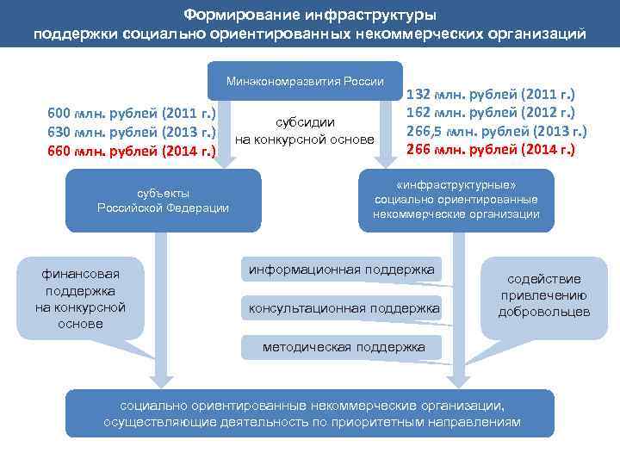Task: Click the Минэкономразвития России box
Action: pos(305,82)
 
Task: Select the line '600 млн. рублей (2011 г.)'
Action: pos(131,114)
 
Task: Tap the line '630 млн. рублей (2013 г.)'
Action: pos(131,133)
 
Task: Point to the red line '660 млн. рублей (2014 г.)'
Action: pos(131,152)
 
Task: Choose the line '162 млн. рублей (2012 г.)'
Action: pos(490,113)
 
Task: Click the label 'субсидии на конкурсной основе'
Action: pos(305,131)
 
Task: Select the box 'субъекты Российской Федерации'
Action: pos(163,200)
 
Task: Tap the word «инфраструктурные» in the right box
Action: pos(456,185)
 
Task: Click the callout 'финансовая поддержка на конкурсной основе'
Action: pos(80,298)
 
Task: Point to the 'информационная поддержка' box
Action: pos(341,270)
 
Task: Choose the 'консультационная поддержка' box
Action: pos(344,308)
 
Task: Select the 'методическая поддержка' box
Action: pos(344,347)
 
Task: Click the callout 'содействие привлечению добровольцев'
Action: pos(543,294)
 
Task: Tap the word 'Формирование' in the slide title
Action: pos(228,15)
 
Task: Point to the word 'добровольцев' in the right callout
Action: pos(543,311)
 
